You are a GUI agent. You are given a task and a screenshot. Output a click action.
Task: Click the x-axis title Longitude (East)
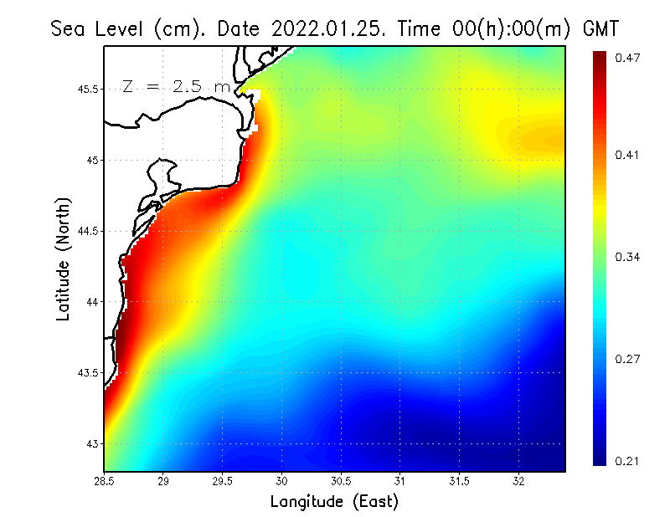click(x=334, y=501)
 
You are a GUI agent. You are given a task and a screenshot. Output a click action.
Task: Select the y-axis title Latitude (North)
click(x=64, y=258)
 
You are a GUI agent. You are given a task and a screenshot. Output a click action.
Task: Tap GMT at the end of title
click(x=600, y=28)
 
